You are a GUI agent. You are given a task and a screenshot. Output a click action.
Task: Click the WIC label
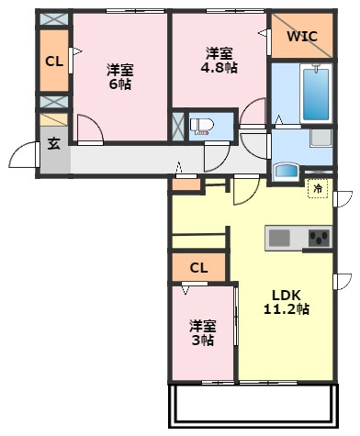click(302, 36)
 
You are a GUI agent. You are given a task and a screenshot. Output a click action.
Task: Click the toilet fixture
click(199, 127)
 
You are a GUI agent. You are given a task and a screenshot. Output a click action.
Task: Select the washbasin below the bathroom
click(287, 171)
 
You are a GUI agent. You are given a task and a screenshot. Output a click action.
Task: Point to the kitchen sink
click(279, 238)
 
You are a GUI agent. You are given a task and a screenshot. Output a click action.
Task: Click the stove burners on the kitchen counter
click(319, 238)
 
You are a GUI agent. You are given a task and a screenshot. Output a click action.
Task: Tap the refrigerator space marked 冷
click(318, 188)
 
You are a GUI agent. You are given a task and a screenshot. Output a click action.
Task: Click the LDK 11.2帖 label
click(287, 302)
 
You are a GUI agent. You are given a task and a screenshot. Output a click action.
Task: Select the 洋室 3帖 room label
click(203, 332)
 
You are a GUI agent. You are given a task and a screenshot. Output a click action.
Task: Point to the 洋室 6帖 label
click(120, 76)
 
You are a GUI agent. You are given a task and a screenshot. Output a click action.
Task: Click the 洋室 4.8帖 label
click(219, 60)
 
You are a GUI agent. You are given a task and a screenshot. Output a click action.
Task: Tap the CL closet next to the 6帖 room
click(54, 61)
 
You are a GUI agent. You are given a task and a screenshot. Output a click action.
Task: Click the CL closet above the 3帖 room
click(198, 267)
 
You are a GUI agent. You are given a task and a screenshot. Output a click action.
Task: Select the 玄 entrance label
click(54, 143)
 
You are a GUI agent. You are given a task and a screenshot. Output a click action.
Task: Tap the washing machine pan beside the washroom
click(321, 138)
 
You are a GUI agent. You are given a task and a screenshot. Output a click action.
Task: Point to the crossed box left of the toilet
click(178, 127)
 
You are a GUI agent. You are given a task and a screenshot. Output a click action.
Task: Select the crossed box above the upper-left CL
click(54, 18)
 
